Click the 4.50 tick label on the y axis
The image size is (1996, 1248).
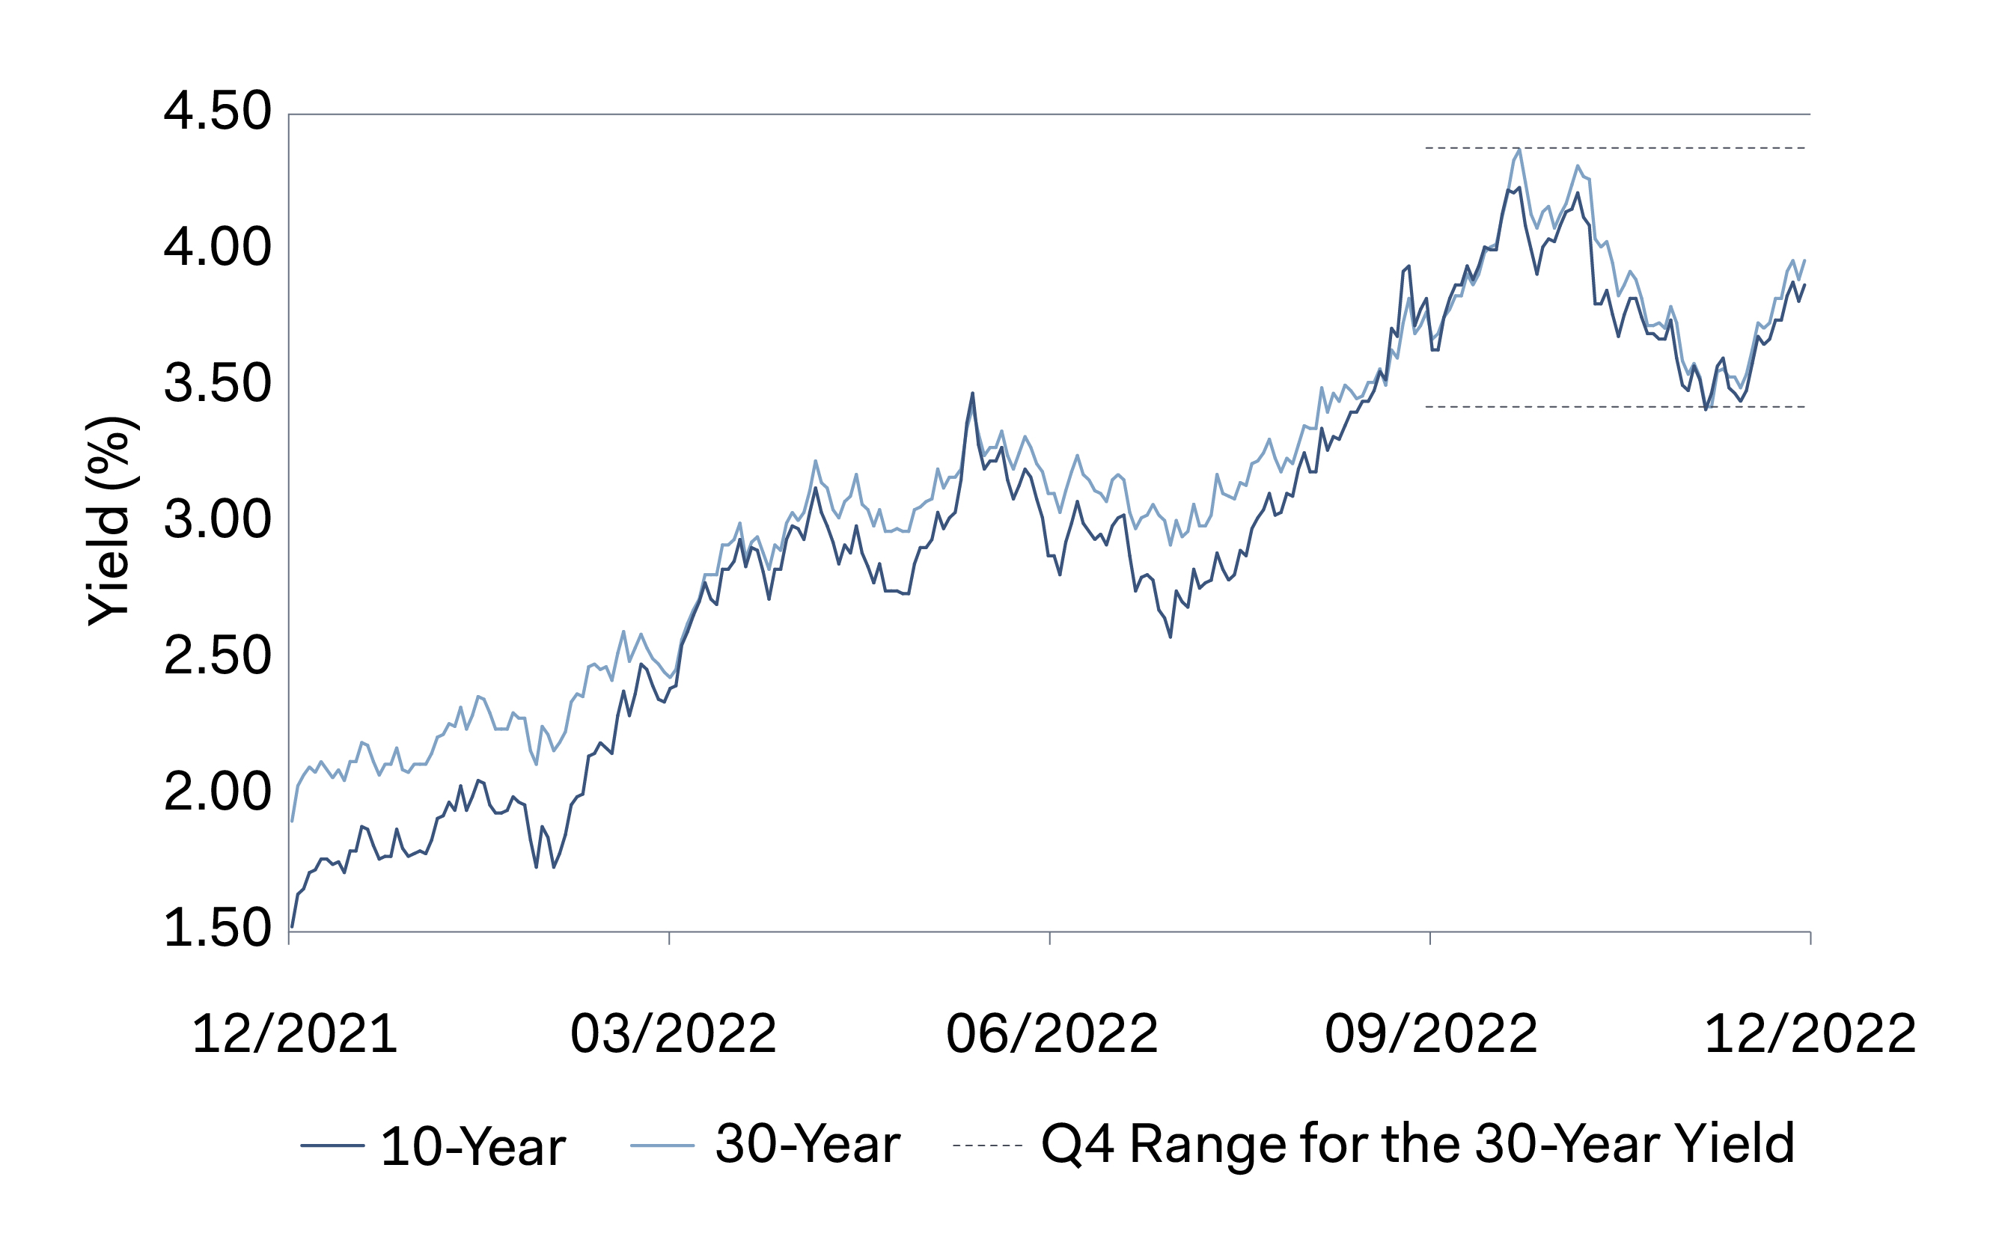(x=217, y=111)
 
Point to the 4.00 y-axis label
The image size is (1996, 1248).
(x=217, y=248)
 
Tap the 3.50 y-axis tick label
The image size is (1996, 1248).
(x=217, y=384)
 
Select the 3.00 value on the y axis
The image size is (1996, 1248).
(x=217, y=520)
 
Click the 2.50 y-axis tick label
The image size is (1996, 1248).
(x=217, y=656)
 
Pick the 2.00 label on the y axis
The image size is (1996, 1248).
(x=217, y=792)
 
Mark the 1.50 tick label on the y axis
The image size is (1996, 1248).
(x=217, y=929)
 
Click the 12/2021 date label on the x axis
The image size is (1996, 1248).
(x=295, y=1034)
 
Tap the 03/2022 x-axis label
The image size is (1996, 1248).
(x=674, y=1034)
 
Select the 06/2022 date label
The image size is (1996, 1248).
(x=1052, y=1034)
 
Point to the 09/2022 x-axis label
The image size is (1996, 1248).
(x=1432, y=1034)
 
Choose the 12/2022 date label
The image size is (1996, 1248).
(x=1810, y=1034)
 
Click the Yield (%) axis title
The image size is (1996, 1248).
(x=109, y=521)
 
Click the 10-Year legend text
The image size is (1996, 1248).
(x=473, y=1146)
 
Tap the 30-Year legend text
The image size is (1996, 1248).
(x=808, y=1145)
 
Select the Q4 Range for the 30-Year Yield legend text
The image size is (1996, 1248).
(x=1417, y=1145)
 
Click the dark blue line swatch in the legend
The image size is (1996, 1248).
(x=332, y=1145)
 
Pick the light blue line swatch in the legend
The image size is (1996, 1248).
(x=662, y=1145)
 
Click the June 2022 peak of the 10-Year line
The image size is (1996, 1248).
(x=972, y=394)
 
